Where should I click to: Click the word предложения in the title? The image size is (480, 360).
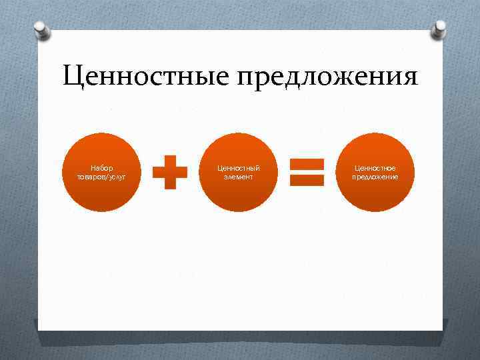coord(327,79)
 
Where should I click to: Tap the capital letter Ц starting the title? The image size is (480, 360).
coord(72,77)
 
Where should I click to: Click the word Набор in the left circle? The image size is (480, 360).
coord(102,169)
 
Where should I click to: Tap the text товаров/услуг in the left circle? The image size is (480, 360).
coord(102,177)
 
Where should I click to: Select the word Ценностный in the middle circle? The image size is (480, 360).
coord(238,169)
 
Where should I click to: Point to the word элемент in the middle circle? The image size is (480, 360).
coord(238,177)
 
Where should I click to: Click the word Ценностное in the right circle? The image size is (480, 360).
coord(375,169)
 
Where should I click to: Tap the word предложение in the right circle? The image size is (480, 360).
coord(375,177)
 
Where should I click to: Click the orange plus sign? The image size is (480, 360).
coord(170,173)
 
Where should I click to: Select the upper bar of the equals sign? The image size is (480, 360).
coord(307,163)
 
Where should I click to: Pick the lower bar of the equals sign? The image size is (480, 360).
coord(307,179)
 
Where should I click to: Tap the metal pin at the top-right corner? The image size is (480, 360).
coord(441,28)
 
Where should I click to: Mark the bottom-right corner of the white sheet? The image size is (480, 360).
coord(443,329)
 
